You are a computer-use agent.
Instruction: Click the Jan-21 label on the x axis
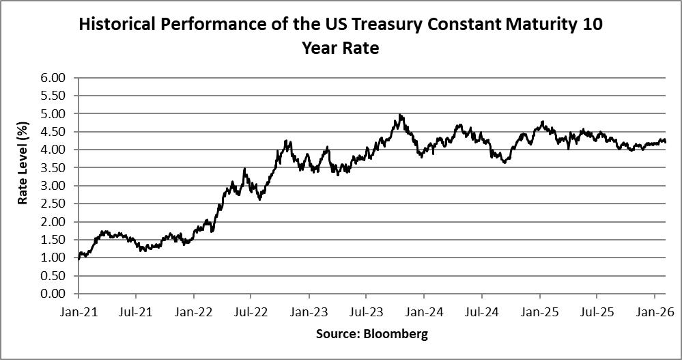(79, 312)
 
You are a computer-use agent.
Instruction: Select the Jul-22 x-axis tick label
(251, 312)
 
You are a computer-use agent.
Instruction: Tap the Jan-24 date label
(424, 312)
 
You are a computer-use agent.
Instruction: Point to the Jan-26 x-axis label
(655, 312)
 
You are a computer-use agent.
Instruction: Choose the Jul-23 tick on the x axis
(366, 312)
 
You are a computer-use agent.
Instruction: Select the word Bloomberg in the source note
(395, 334)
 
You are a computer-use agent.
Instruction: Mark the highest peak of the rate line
(400, 115)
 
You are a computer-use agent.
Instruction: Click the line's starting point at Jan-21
(79, 259)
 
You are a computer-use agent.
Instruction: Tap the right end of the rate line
(666, 142)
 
